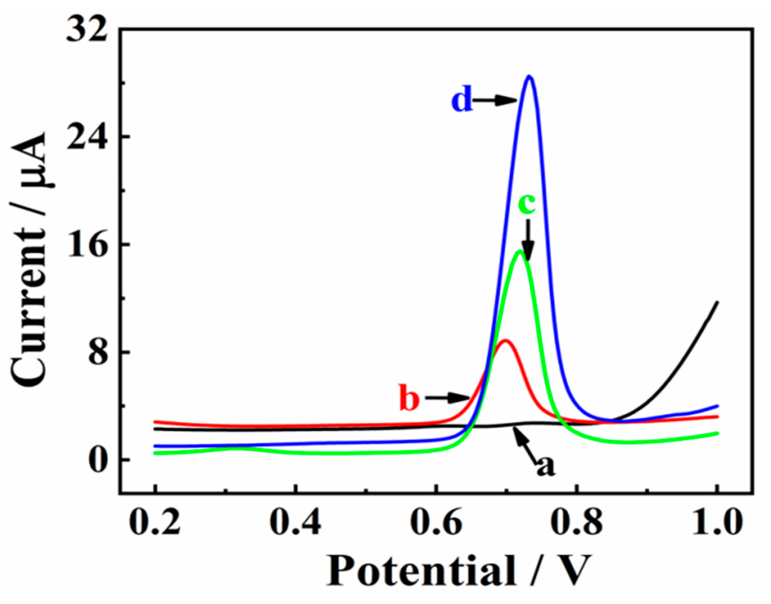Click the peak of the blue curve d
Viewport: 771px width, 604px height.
click(529, 76)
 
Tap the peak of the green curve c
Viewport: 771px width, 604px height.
click(519, 251)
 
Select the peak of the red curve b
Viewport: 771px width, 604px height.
click(505, 340)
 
